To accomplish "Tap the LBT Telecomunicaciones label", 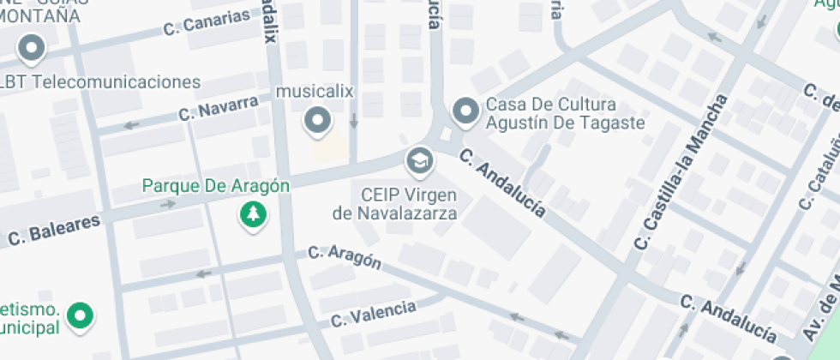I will pyautogui.click(x=101, y=82).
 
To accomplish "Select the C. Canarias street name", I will pyautogui.click(x=207, y=25).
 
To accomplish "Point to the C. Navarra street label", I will pyautogui.click(x=219, y=109).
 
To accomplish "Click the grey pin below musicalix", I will pyautogui.click(x=319, y=120).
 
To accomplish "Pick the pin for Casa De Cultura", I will pyautogui.click(x=465, y=111).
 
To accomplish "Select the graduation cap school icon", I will pyautogui.click(x=420, y=159).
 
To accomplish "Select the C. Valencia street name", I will pyautogui.click(x=375, y=314).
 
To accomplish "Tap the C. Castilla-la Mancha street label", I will pyautogui.click(x=681, y=171).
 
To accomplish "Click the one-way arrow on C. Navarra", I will pyautogui.click(x=131, y=126).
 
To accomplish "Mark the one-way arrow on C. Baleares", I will pyautogui.click(x=168, y=204).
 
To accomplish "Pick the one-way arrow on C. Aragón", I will pyautogui.click(x=204, y=274).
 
